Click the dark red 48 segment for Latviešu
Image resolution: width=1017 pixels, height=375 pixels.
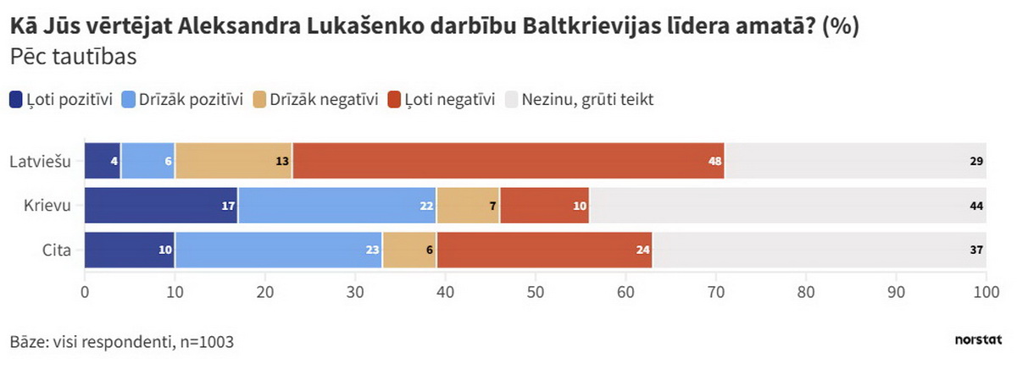(508, 160)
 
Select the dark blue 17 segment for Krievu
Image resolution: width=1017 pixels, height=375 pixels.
(161, 206)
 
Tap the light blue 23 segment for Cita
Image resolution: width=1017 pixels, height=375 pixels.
(279, 251)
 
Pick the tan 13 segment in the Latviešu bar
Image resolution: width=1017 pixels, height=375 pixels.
(233, 160)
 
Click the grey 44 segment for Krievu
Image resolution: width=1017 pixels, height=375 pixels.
(788, 206)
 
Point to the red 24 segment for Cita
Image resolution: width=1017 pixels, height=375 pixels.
(544, 251)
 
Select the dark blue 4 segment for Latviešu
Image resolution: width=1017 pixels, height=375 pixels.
(103, 160)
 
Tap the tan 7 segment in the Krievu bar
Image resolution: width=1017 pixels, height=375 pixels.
(468, 206)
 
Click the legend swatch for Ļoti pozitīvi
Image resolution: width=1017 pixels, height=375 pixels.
(16, 100)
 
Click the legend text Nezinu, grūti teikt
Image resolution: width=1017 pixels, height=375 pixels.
(587, 100)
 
